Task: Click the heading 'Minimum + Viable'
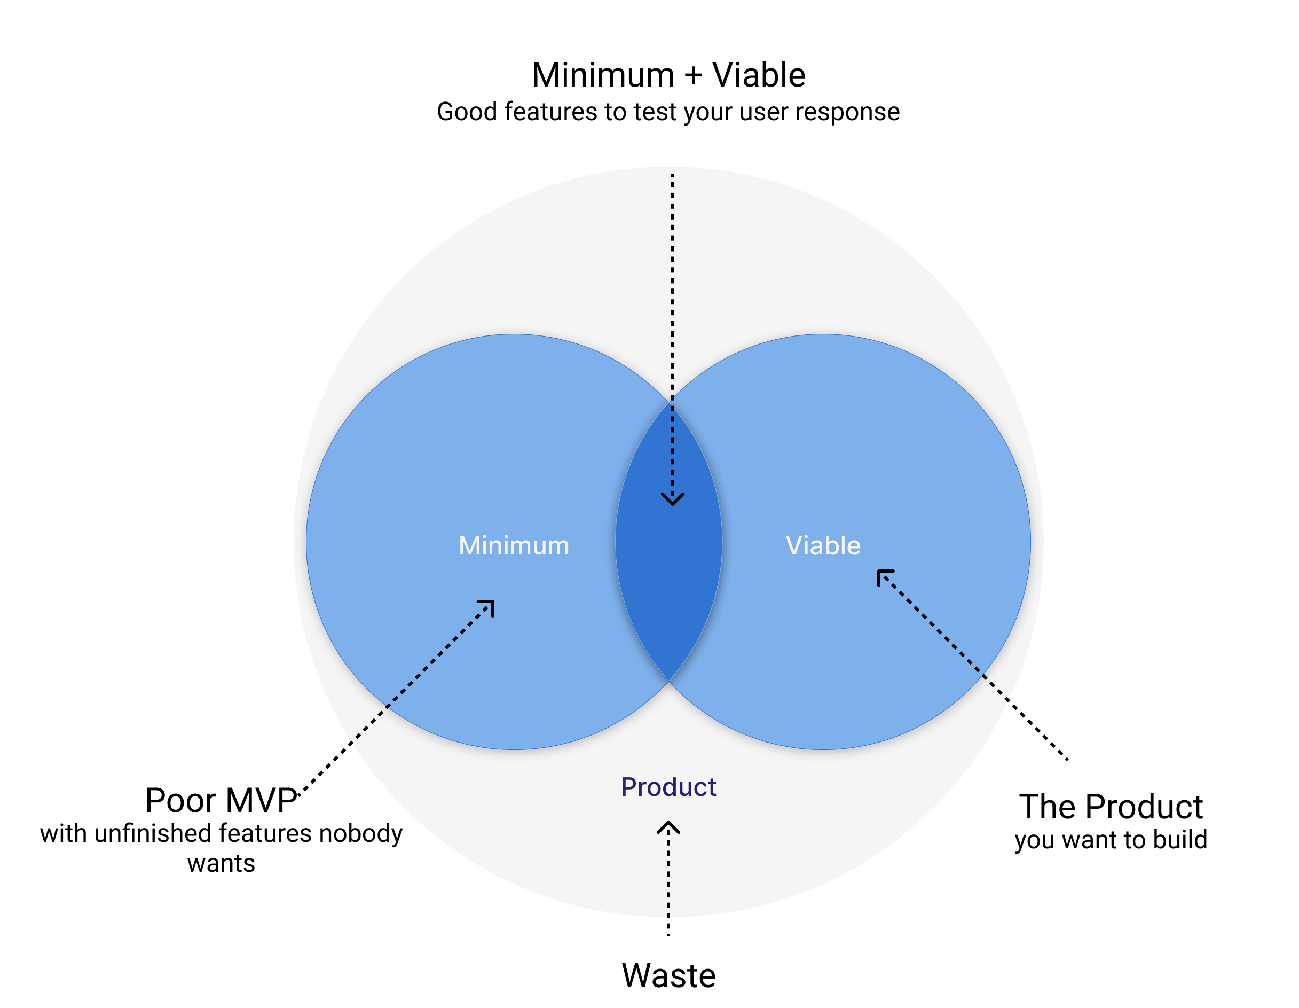tap(668, 75)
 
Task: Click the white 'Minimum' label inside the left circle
tap(514, 545)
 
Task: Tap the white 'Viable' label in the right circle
tap(823, 545)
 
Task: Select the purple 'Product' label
tap(668, 787)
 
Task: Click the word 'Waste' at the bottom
tap(668, 976)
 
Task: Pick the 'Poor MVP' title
tap(221, 800)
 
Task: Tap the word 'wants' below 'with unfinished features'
tap(221, 864)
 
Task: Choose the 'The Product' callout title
tap(1111, 807)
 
